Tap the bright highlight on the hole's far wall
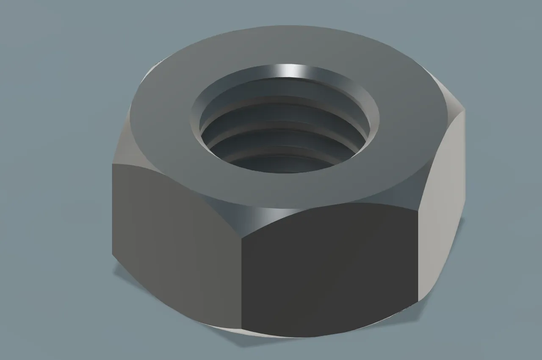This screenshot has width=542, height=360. click(x=291, y=71)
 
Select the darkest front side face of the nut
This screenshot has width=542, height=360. click(x=328, y=271)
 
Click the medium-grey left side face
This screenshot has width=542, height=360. click(x=176, y=237)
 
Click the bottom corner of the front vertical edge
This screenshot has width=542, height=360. click(x=241, y=329)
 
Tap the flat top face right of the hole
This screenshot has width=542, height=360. click(x=406, y=127)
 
